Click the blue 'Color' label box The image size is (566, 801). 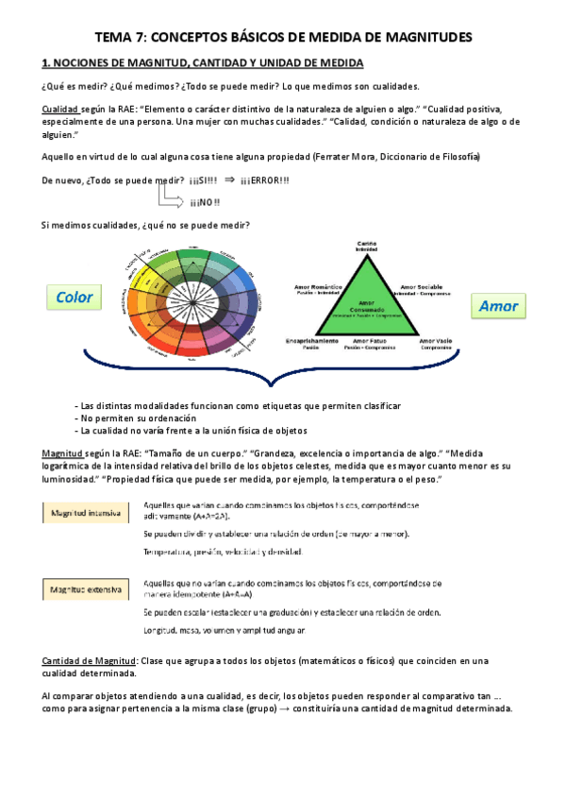[75, 298]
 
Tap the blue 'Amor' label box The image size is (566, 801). [498, 306]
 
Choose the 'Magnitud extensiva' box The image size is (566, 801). [86, 590]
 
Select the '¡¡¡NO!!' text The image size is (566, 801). [205, 202]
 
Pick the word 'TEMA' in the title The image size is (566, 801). [118, 37]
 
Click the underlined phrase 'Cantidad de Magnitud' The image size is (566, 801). [91, 660]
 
